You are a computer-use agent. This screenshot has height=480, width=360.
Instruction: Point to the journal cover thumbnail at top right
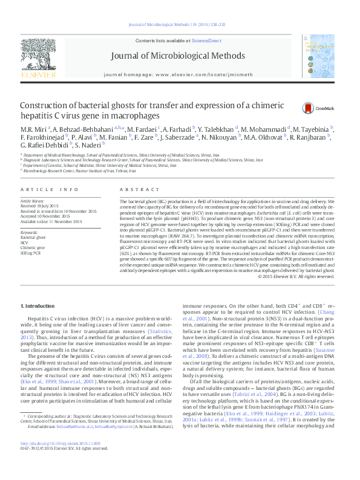[318, 57]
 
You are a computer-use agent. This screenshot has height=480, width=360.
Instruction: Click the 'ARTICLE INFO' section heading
[50, 189]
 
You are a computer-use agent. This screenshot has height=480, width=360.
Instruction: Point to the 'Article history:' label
[33, 200]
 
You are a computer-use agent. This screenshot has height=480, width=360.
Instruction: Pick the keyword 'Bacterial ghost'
[33, 238]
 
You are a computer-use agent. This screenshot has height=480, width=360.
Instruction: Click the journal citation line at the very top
[180, 25]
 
